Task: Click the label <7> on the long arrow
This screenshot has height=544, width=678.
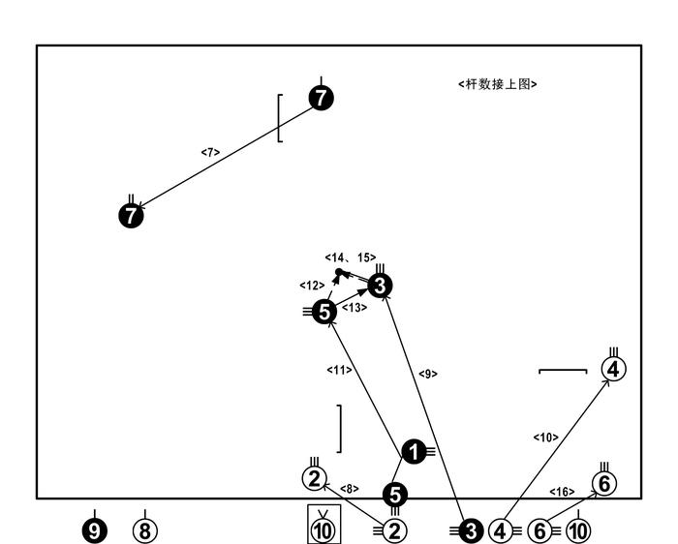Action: tap(210, 152)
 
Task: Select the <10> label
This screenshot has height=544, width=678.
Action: tap(545, 438)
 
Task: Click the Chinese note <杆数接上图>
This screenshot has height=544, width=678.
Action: tap(498, 85)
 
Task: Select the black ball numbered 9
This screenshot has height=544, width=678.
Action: tap(94, 530)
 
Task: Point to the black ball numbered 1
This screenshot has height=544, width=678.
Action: tap(414, 450)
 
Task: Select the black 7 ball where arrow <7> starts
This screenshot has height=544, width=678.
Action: tap(322, 97)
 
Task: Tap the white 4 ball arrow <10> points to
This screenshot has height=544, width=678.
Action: tap(614, 369)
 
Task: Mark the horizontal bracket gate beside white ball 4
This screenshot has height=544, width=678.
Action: tap(563, 371)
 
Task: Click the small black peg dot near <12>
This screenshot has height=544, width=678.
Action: tap(338, 272)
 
